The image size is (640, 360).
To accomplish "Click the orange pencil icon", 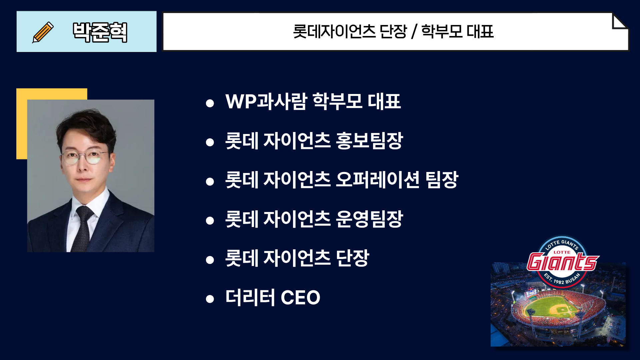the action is [43, 32].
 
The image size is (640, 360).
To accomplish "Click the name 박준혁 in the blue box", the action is [100, 32].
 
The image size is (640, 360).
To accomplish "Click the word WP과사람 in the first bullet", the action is [266, 101].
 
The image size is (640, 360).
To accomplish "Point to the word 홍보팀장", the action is [369, 140].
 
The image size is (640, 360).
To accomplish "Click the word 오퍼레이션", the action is [377, 180].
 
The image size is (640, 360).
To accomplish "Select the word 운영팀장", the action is [369, 219].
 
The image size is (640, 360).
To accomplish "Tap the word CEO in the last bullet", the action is [300, 297].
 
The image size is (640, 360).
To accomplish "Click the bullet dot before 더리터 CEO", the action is [210, 299].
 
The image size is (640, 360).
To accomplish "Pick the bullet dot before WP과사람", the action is [210, 103].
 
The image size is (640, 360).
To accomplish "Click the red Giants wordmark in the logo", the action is [563, 262].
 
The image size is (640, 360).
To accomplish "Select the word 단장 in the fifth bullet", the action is [353, 258].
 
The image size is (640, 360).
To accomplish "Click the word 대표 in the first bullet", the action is [384, 101].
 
